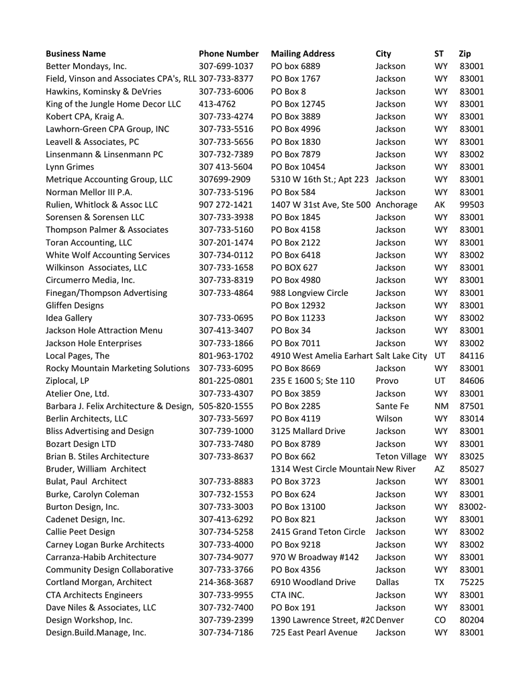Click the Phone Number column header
coord(228,54)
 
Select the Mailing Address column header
coord(302,54)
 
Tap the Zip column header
coord(465,54)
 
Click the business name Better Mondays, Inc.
coord(86,66)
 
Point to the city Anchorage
coord(396,205)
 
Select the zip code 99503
coord(471,205)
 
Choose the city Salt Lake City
coord(401,356)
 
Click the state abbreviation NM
coord(440,406)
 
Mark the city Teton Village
coord(401,456)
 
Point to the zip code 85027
coord(471,469)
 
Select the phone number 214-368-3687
coord(226,582)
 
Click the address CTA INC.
coord(289,594)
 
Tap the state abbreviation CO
coord(440,620)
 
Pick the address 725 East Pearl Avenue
coord(314,632)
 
